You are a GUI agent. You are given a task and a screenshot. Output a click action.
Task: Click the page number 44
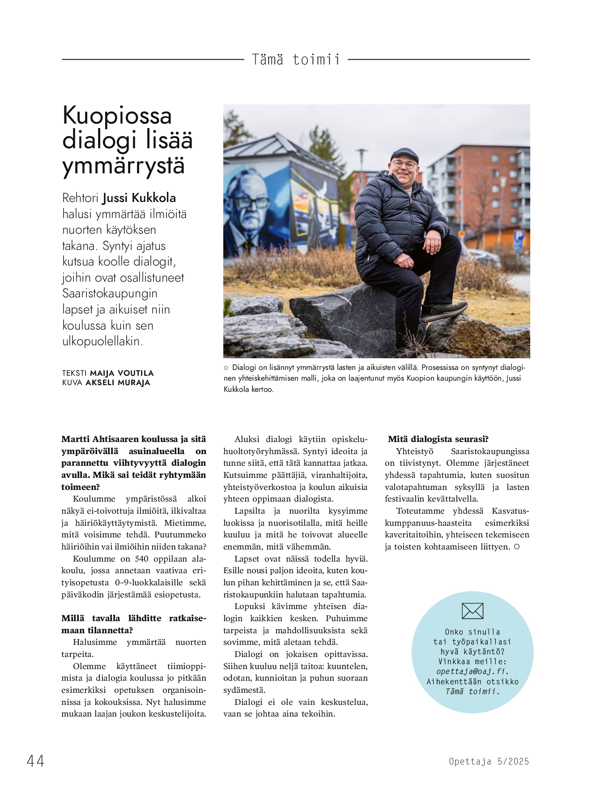coord(35,761)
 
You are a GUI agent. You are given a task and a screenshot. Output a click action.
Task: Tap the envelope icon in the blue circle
coord(473,611)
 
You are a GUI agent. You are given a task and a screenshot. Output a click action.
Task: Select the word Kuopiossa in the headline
coord(117,116)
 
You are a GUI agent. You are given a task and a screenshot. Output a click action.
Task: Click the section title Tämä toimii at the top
coord(296,60)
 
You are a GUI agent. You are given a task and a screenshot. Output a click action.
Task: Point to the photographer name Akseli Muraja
coord(118,383)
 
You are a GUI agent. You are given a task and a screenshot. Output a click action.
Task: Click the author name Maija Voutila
coord(122,373)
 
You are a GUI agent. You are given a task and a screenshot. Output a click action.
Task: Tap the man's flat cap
coord(404,155)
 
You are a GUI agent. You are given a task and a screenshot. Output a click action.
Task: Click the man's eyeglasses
coord(405,164)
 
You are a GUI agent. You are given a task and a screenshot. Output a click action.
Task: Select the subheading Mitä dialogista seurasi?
coord(438,439)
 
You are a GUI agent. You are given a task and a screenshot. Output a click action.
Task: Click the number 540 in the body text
coord(141,558)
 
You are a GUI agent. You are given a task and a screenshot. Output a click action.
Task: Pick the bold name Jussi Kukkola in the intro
coord(139,198)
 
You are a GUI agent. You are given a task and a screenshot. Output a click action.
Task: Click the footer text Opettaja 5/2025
coord(489,761)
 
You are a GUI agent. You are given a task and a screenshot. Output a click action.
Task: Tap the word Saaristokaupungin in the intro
coord(110,293)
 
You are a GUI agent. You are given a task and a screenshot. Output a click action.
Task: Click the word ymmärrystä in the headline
coord(124,166)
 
